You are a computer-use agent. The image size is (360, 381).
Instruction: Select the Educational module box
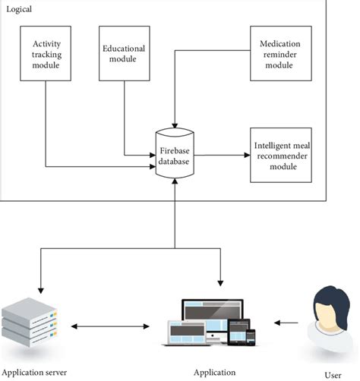point(124,53)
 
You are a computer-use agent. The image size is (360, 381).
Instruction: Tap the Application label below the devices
point(215,373)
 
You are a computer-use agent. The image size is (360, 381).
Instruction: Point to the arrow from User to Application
point(287,323)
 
